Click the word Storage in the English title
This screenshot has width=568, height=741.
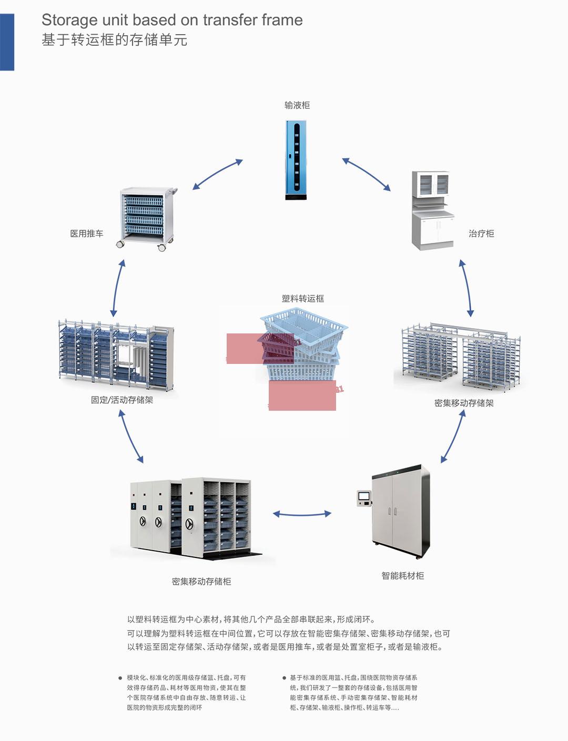click(x=69, y=20)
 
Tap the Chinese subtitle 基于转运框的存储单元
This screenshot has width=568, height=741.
click(x=114, y=40)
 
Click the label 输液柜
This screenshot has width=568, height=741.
click(x=297, y=105)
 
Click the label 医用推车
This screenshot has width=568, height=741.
click(x=87, y=234)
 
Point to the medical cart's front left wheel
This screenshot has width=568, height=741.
click(x=121, y=244)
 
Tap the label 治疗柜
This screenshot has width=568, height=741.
click(x=481, y=234)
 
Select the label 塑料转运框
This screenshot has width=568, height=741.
click(x=303, y=299)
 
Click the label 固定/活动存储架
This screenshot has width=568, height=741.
click(x=122, y=400)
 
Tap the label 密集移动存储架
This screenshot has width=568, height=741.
click(x=464, y=403)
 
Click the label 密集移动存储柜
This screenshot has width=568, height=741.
click(x=201, y=582)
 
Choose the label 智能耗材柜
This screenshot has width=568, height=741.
click(x=403, y=576)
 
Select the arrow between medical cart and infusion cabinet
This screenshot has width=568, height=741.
click(x=217, y=174)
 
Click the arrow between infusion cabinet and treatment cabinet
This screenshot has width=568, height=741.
click(x=367, y=174)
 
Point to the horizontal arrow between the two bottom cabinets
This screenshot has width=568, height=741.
click(x=302, y=514)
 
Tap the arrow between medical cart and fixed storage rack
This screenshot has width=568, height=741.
click(x=118, y=288)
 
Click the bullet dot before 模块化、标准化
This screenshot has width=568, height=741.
click(x=120, y=678)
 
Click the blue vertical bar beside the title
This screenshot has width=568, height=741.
click(x=7, y=42)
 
